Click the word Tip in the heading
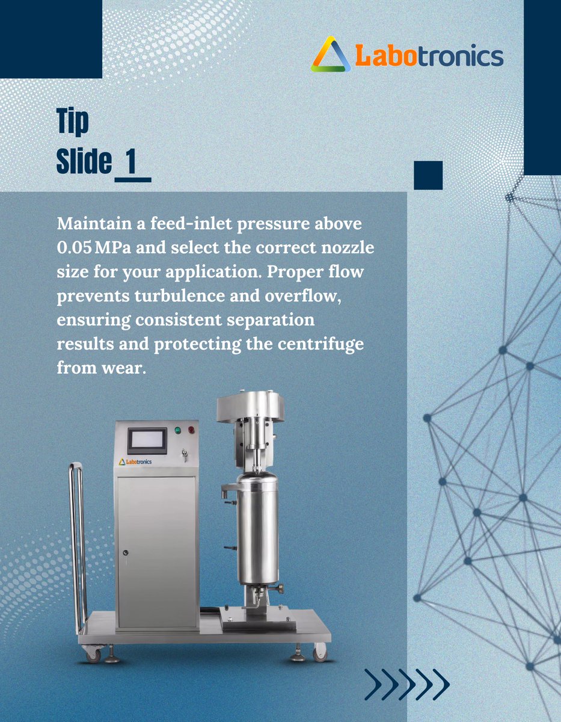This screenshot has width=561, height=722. coord(73,122)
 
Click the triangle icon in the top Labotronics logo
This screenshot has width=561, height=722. coord(331,55)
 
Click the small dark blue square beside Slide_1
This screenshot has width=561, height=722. coord(428,175)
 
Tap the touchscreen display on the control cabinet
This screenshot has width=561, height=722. coord(147,440)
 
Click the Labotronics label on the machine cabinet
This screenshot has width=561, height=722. coord(135,462)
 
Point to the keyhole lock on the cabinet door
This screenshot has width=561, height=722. coord(124,552)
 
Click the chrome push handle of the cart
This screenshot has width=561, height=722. coord(77,541)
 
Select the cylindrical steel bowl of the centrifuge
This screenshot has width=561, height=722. coord(257,529)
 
